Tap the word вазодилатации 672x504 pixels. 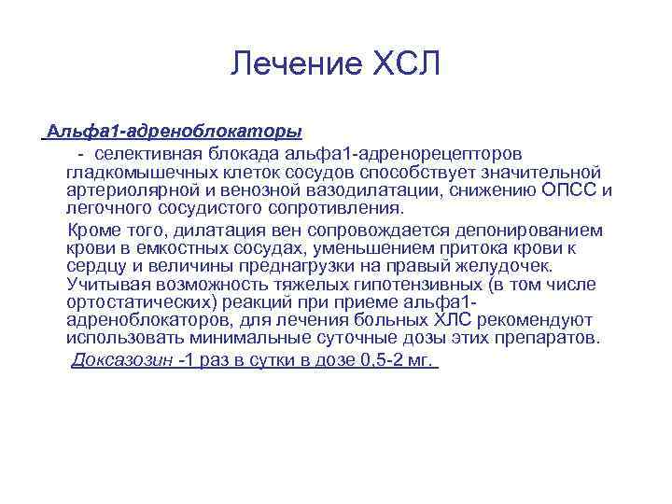[385, 190]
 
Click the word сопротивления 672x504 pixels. [340, 208]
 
